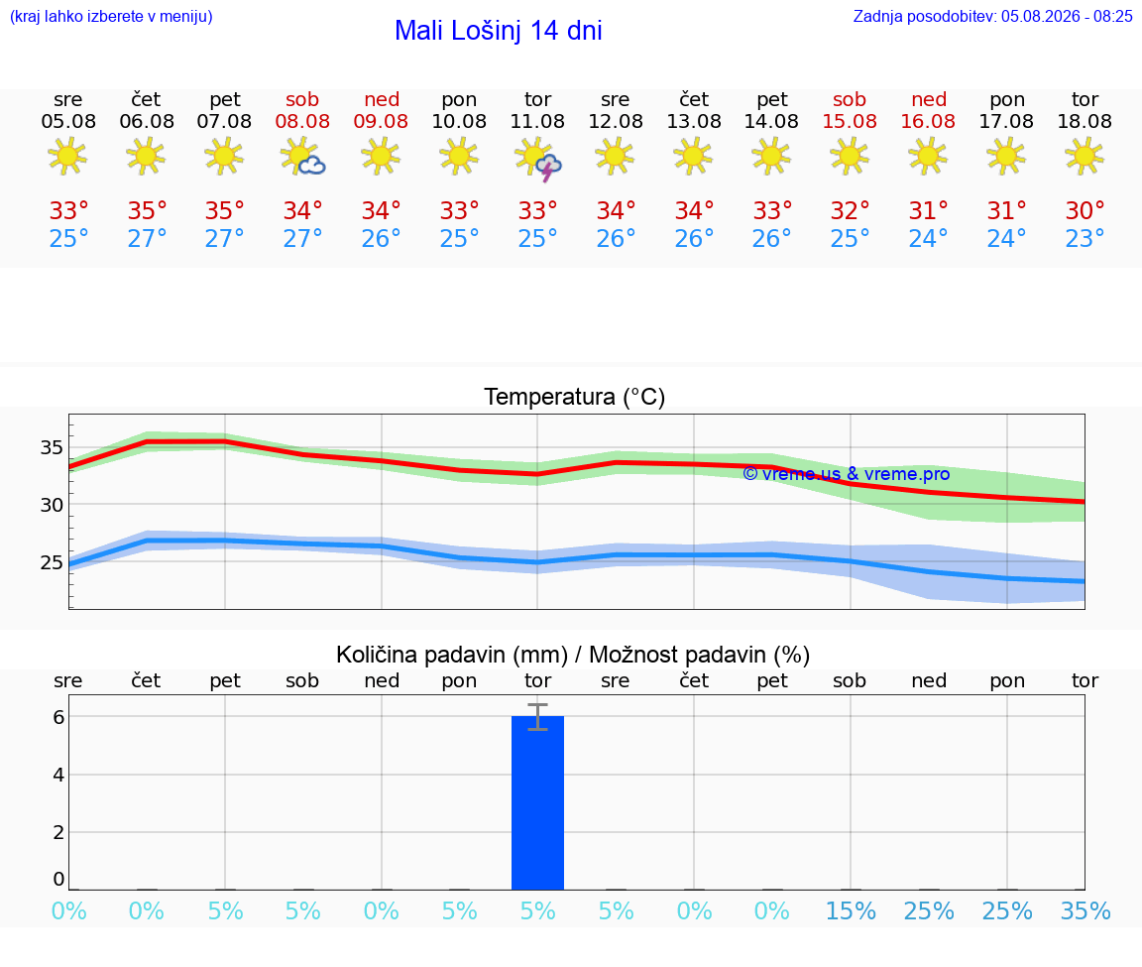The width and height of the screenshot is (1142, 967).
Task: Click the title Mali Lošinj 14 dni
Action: (499, 31)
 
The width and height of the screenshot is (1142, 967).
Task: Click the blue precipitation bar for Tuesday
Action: (537, 803)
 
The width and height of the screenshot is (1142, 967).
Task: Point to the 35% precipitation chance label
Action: (1085, 910)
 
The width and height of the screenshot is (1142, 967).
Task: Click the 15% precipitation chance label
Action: (850, 910)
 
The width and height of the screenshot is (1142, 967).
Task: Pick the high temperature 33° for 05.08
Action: (68, 210)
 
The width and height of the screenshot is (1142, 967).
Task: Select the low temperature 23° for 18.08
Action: (1085, 238)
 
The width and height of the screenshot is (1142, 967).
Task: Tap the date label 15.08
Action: (850, 122)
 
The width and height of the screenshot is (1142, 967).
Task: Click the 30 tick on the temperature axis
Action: (52, 504)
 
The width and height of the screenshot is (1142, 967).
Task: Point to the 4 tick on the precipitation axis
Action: (59, 775)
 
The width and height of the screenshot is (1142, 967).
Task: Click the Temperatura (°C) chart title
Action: (575, 397)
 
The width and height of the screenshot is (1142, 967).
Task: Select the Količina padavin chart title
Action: (452, 655)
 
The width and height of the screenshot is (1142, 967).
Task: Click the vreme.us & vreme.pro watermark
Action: (847, 474)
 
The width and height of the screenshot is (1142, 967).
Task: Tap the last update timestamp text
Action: (992, 16)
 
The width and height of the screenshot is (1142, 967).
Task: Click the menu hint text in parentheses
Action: (111, 16)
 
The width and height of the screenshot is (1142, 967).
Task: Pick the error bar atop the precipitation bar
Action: (537, 717)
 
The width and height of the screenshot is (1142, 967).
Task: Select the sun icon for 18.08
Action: (1085, 156)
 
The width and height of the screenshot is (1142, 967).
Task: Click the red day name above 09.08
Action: (382, 99)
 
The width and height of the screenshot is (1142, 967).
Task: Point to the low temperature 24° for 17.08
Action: (1006, 238)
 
